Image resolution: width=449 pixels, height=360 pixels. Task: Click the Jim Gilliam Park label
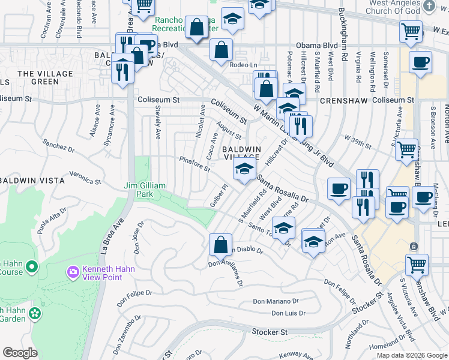coord(145,190)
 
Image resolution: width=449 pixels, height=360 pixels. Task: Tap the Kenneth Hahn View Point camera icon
coord(73,272)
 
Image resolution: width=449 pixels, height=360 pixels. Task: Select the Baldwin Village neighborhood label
coord(242,152)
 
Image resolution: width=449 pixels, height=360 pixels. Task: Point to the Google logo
coord(20,353)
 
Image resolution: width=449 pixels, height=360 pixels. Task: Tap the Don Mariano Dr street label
coord(275,301)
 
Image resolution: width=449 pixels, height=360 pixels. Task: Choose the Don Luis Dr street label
coord(288,313)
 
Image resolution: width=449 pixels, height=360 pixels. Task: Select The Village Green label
coord(45,77)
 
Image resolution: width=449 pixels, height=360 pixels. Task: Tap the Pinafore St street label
coord(194,163)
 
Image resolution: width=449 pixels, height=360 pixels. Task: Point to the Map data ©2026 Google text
coord(411,355)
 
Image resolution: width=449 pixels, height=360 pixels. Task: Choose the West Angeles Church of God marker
coord(429,6)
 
